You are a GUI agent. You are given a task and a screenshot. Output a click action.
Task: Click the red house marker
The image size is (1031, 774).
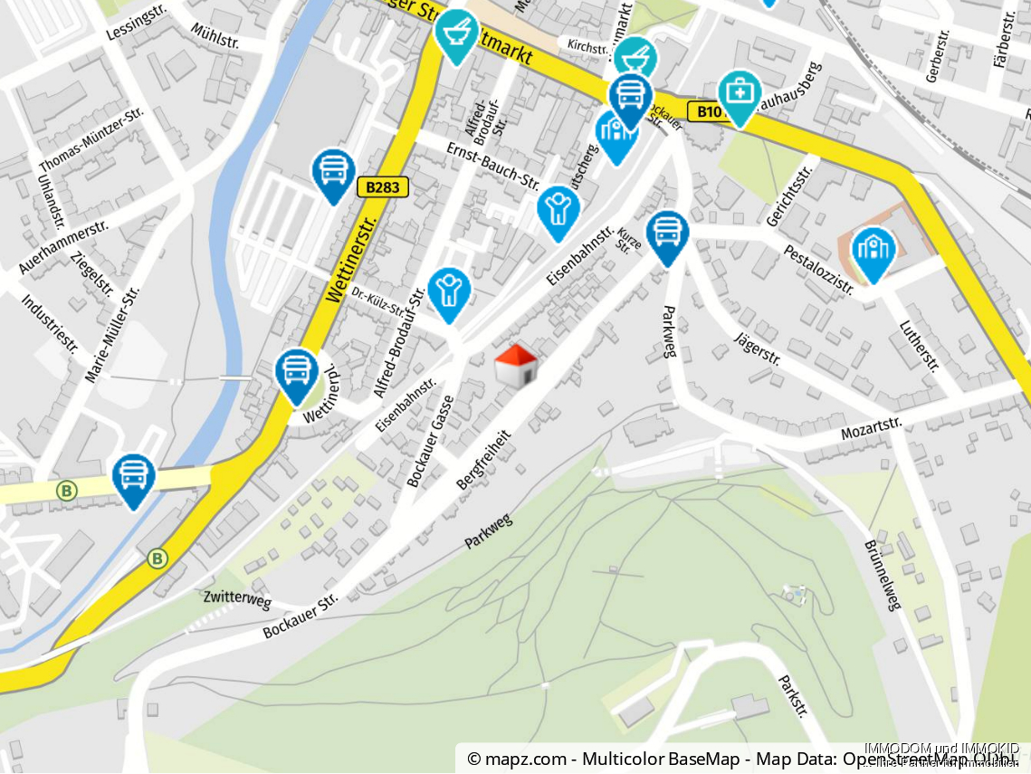pyautogui.click(x=516, y=366)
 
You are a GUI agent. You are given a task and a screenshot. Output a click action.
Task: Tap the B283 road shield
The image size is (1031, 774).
pyautogui.click(x=383, y=187)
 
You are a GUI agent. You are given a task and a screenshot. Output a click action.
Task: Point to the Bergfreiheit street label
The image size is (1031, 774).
pyautogui.click(x=483, y=460)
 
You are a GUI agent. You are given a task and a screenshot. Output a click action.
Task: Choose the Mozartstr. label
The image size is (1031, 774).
pyautogui.click(x=872, y=427)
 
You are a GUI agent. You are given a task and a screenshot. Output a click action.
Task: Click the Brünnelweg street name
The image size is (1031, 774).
pyautogui.click(x=883, y=576)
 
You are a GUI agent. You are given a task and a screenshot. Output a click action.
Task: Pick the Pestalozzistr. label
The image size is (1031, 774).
pyautogui.click(x=818, y=269)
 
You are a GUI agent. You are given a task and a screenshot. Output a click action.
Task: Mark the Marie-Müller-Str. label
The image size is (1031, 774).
pyautogui.click(x=112, y=335)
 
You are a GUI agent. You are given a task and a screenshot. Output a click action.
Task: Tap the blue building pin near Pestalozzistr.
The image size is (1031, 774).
pyautogui.click(x=873, y=252)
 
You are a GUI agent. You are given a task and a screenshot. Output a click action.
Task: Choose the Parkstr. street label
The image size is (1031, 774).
pyautogui.click(x=792, y=695)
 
